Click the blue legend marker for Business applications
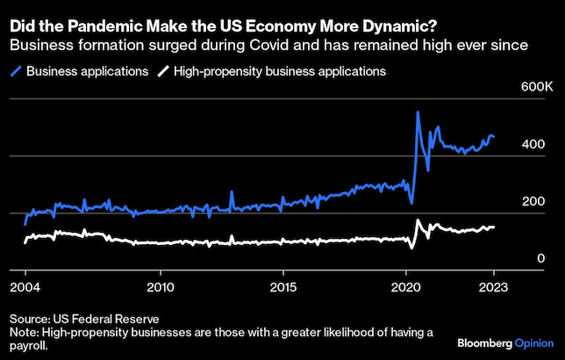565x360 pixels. (17, 71)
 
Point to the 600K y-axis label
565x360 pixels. (536, 89)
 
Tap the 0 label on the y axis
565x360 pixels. (541, 259)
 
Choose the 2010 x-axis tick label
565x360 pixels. (160, 287)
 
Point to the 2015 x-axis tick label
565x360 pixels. (282, 287)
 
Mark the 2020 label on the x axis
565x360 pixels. (406, 287)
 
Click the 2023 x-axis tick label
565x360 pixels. (494, 287)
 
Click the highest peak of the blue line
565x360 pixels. (418, 112)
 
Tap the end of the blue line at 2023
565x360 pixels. (494, 137)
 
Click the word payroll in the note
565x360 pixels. (31, 346)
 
